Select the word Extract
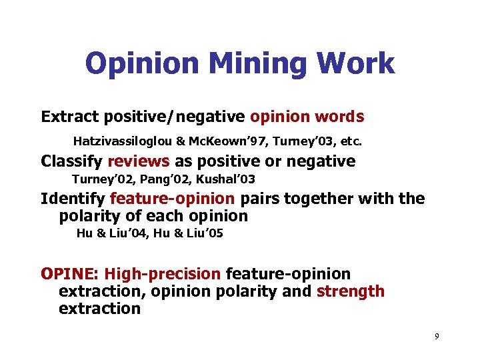[x=67, y=117]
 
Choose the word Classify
[x=71, y=161]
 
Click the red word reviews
[x=139, y=161]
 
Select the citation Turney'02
[x=98, y=179]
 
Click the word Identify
[x=73, y=199]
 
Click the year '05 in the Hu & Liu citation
[x=211, y=233]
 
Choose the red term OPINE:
[x=70, y=274]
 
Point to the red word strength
[x=351, y=291]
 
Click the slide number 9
[x=437, y=337]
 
